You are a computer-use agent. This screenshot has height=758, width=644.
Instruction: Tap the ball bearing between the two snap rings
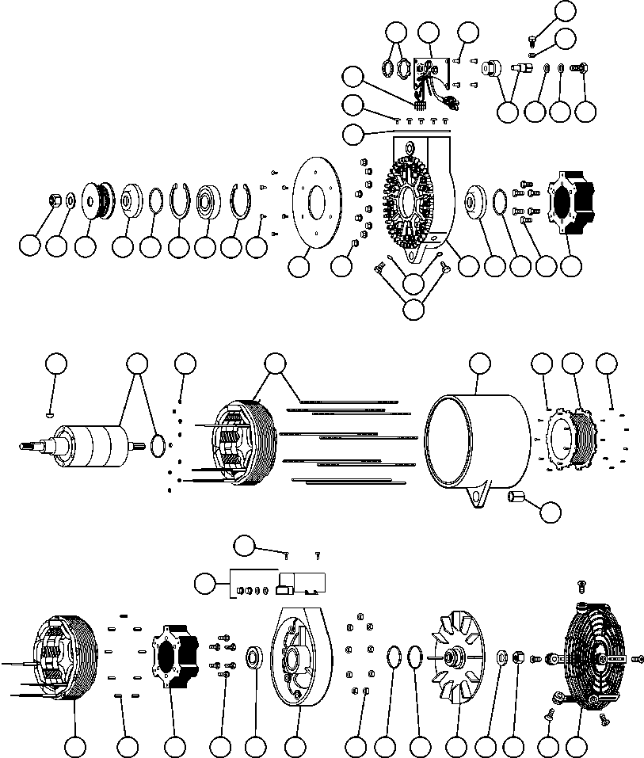coord(211,200)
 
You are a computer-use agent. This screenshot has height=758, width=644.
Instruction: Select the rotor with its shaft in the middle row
coord(87,444)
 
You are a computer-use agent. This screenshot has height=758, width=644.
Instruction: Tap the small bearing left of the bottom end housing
coord(256,657)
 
